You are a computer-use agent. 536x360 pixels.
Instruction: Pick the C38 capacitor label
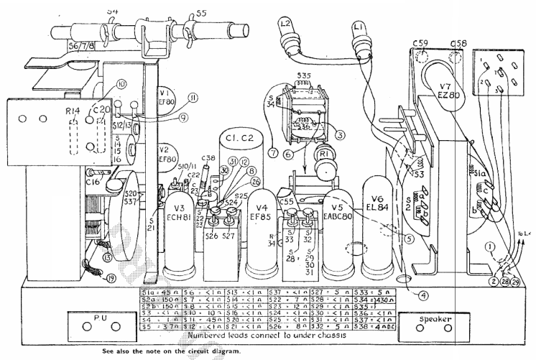(x=209, y=158)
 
